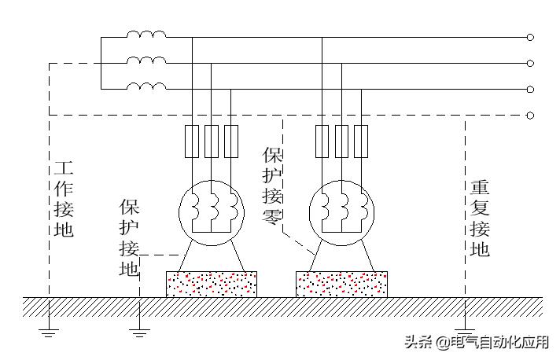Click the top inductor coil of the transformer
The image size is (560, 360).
click(x=146, y=35)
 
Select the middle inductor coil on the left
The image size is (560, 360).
click(x=146, y=61)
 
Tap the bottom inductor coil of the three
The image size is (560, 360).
click(x=146, y=86)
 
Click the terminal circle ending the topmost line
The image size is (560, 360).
click(x=530, y=37)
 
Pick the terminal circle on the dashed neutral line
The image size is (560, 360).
click(x=530, y=115)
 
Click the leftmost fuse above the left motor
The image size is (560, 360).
click(x=191, y=141)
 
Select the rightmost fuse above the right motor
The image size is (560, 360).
click(x=361, y=141)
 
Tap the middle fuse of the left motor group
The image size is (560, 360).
click(x=211, y=141)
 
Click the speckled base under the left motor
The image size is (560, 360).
click(x=212, y=284)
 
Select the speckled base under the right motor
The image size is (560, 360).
click(x=341, y=284)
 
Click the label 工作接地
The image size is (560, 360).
click(x=64, y=200)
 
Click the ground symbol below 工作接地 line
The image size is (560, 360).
click(x=50, y=332)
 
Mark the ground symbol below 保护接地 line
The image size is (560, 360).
click(x=140, y=332)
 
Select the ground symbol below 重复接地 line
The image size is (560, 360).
click(x=465, y=332)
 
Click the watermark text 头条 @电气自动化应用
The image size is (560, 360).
click(x=477, y=343)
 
